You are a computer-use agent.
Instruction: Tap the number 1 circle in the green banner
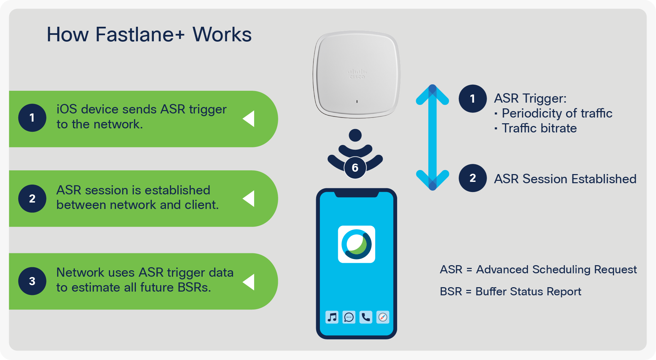[x=32, y=118]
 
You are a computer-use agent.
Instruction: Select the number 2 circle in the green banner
[x=32, y=198]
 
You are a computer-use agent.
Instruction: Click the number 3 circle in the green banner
[x=32, y=281]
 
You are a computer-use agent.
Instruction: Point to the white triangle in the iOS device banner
[x=249, y=119]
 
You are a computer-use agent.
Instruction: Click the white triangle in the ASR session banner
[x=249, y=198]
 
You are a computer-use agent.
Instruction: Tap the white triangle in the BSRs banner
[x=249, y=282]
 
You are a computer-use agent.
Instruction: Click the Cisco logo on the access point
[x=357, y=74]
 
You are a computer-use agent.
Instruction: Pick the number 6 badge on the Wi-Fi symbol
[x=355, y=168]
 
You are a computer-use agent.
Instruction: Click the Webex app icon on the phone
[x=356, y=244]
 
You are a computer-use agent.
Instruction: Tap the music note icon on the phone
[x=332, y=317]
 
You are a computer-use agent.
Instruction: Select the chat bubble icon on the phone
[x=349, y=317]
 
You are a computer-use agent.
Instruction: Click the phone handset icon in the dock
[x=366, y=317]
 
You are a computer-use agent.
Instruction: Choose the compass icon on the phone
[x=383, y=317]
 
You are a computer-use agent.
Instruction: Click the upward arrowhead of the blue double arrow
[x=432, y=93]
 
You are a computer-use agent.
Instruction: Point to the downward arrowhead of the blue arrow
[x=432, y=181]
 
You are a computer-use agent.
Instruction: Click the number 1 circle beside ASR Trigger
[x=473, y=99]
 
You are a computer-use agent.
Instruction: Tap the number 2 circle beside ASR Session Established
[x=473, y=178]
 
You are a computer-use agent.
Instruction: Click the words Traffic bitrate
[x=539, y=128]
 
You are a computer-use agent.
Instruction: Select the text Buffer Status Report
[x=528, y=292]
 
